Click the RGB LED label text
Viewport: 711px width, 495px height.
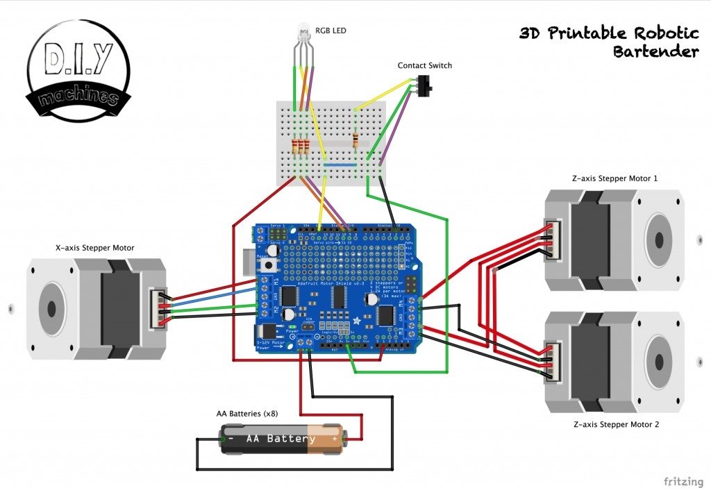tap(331, 31)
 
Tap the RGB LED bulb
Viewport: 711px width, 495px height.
tap(303, 31)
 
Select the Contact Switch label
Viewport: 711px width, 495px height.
tap(424, 65)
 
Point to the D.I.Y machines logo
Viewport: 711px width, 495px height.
tap(78, 71)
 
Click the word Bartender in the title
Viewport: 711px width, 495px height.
tap(655, 51)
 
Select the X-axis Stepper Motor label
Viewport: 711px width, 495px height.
tap(94, 247)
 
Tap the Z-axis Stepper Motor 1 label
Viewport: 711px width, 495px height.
tap(614, 178)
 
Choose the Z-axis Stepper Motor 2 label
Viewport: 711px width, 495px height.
tap(614, 423)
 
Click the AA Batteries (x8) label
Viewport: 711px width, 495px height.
tap(246, 414)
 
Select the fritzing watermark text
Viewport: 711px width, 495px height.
tap(681, 481)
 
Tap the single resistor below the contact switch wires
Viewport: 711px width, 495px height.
tap(356, 141)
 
